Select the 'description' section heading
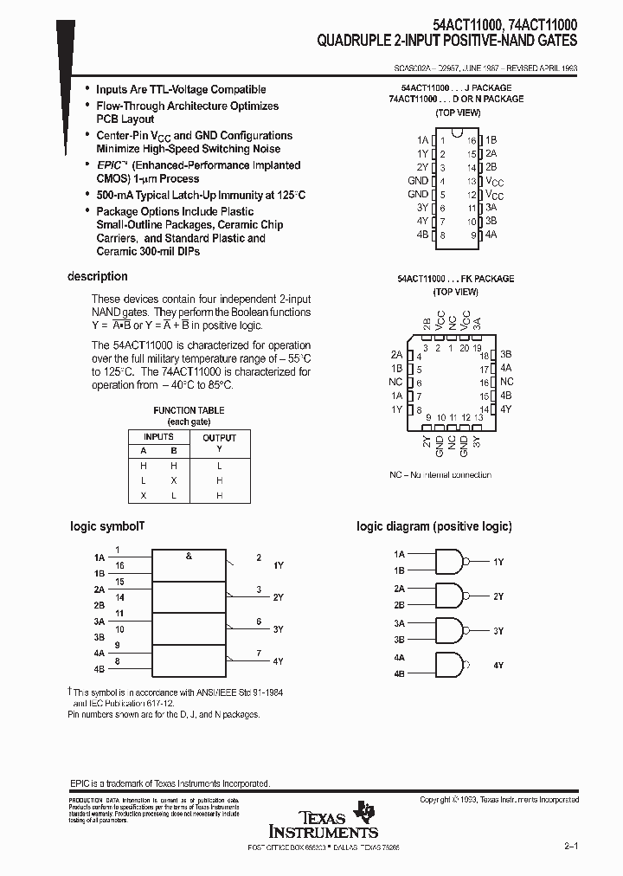pos(98,277)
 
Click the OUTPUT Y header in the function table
pos(219,443)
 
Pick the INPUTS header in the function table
pos(158,437)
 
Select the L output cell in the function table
pos(219,466)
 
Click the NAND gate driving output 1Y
pos(449,562)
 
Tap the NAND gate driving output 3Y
pos(449,631)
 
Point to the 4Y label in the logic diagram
pos(498,666)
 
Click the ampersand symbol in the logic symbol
pos(189,557)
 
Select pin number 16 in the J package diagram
pos(472,139)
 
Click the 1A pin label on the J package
pos(422,139)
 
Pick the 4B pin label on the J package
pos(422,235)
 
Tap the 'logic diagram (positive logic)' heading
pos(434,526)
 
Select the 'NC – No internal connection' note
pos(440,474)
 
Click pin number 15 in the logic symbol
pos(119,582)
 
